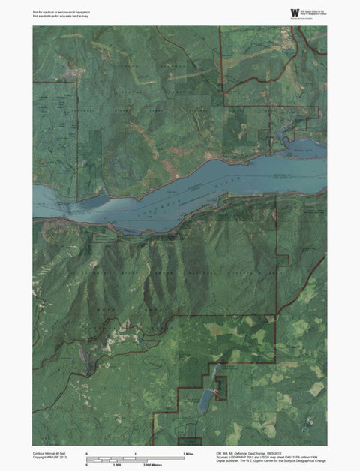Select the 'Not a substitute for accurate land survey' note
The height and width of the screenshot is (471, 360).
click(63, 17)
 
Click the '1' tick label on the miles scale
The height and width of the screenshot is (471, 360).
click(135, 454)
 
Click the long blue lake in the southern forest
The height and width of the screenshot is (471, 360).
click(203, 397)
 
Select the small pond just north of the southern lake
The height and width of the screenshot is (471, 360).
click(212, 370)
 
